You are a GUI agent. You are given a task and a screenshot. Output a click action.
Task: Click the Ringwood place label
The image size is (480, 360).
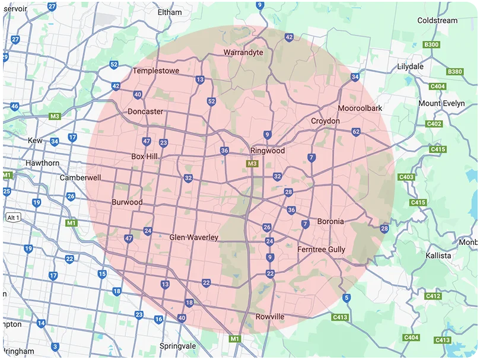pyautogui.click(x=267, y=151)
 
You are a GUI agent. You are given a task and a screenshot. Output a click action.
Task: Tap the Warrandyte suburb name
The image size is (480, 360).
pyautogui.click(x=243, y=53)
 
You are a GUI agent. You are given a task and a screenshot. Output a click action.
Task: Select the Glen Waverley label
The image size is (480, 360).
pyautogui.click(x=194, y=237)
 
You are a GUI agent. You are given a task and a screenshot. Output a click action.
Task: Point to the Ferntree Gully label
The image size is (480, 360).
pyautogui.click(x=321, y=250)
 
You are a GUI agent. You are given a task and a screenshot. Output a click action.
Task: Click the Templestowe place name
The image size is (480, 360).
pyautogui.click(x=155, y=71)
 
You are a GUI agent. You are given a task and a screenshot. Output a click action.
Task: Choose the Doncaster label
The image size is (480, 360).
pyautogui.click(x=145, y=111)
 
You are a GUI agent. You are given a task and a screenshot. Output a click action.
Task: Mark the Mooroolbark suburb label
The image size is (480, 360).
pyautogui.click(x=360, y=109)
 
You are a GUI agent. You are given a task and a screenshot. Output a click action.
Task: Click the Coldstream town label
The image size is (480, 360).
pyautogui.click(x=437, y=21)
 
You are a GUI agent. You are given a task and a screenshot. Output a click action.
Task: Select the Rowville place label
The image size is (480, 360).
pyautogui.click(x=269, y=317)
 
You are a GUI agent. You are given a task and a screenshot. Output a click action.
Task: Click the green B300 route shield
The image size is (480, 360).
pyautogui.click(x=431, y=45)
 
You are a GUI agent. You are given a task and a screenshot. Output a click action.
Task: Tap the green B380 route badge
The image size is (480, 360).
pyautogui.click(x=455, y=72)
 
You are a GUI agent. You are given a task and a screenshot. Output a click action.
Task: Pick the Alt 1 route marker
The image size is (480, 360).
pyautogui.click(x=13, y=218)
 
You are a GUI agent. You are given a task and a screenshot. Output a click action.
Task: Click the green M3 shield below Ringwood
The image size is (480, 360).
pyautogui.click(x=252, y=164)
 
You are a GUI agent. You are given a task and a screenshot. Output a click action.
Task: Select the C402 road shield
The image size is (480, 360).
pyautogui.click(x=434, y=124)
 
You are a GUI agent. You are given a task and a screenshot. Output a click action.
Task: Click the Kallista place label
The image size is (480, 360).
pyautogui.click(x=438, y=256)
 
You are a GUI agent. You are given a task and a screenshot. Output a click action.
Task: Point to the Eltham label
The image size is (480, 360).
pyautogui.click(x=170, y=12)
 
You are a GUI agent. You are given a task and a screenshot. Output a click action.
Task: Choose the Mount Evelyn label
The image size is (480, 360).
pyautogui.click(x=441, y=103)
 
